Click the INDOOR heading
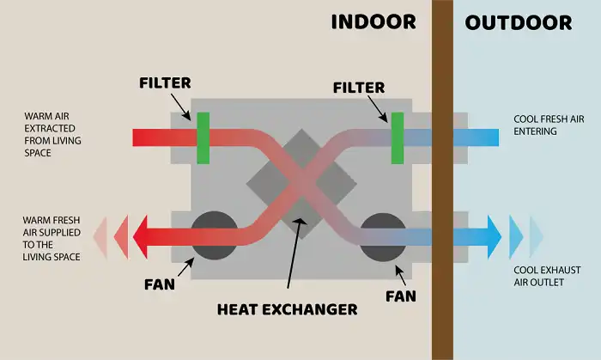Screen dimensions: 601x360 click(373, 21)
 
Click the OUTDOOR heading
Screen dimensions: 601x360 click(519, 22)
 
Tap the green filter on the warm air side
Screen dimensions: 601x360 click(203, 138)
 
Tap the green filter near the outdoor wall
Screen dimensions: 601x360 click(398, 138)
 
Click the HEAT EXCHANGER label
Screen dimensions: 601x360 click(287, 309)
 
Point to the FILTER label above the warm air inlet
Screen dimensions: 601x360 click(165, 82)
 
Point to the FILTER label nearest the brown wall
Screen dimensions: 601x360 click(359, 88)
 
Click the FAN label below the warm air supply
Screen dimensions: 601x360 click(160, 284)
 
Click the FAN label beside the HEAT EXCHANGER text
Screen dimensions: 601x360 click(401, 296)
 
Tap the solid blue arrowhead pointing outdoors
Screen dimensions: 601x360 click(495, 237)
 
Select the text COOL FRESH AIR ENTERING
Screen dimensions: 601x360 click(549, 125)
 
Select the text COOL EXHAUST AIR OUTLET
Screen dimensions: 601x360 click(547, 276)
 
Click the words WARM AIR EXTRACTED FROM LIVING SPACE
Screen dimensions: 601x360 click(52, 134)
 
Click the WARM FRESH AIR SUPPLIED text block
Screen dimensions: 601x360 click(52, 239)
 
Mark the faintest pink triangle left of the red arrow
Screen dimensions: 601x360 click(100, 237)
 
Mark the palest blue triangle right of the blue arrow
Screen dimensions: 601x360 click(537, 237)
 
